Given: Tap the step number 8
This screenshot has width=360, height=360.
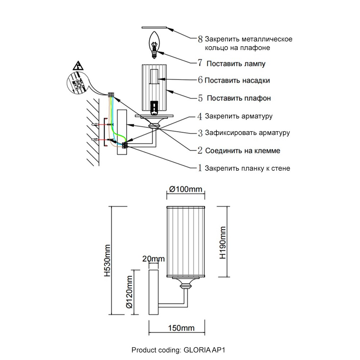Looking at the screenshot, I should [x=201, y=39].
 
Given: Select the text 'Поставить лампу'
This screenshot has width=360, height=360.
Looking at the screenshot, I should [x=236, y=64].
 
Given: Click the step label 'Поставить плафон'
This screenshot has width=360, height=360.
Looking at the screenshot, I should [x=239, y=98].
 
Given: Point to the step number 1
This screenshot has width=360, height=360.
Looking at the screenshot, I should [x=200, y=168].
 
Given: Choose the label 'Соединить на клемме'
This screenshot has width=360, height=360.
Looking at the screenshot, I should [x=243, y=150].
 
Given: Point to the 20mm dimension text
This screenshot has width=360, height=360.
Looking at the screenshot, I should [x=153, y=259].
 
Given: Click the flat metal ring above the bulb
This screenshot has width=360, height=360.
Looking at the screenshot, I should [x=155, y=27].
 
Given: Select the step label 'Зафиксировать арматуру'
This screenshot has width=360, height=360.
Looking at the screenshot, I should [x=248, y=132].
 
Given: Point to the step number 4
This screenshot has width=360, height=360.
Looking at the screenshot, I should [x=200, y=116].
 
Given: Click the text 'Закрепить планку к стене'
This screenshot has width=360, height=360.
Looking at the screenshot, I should [x=248, y=168].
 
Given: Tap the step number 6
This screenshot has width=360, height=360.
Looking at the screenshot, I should [x=201, y=80].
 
